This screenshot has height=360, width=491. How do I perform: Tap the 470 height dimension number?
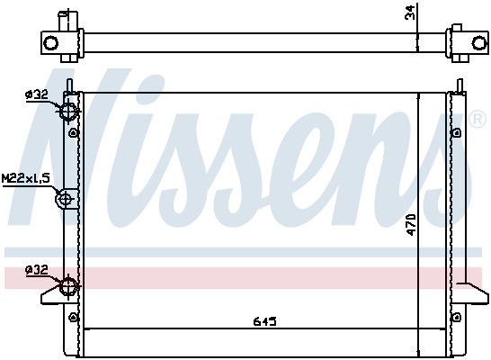point(411,223)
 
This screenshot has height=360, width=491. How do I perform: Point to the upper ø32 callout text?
point(35,94)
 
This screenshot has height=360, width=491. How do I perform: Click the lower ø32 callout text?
point(35,269)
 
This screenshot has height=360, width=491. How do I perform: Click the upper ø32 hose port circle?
point(68,111)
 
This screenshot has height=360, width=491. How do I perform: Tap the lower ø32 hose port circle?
point(68,287)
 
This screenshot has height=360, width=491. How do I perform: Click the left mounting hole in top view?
point(52,42)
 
